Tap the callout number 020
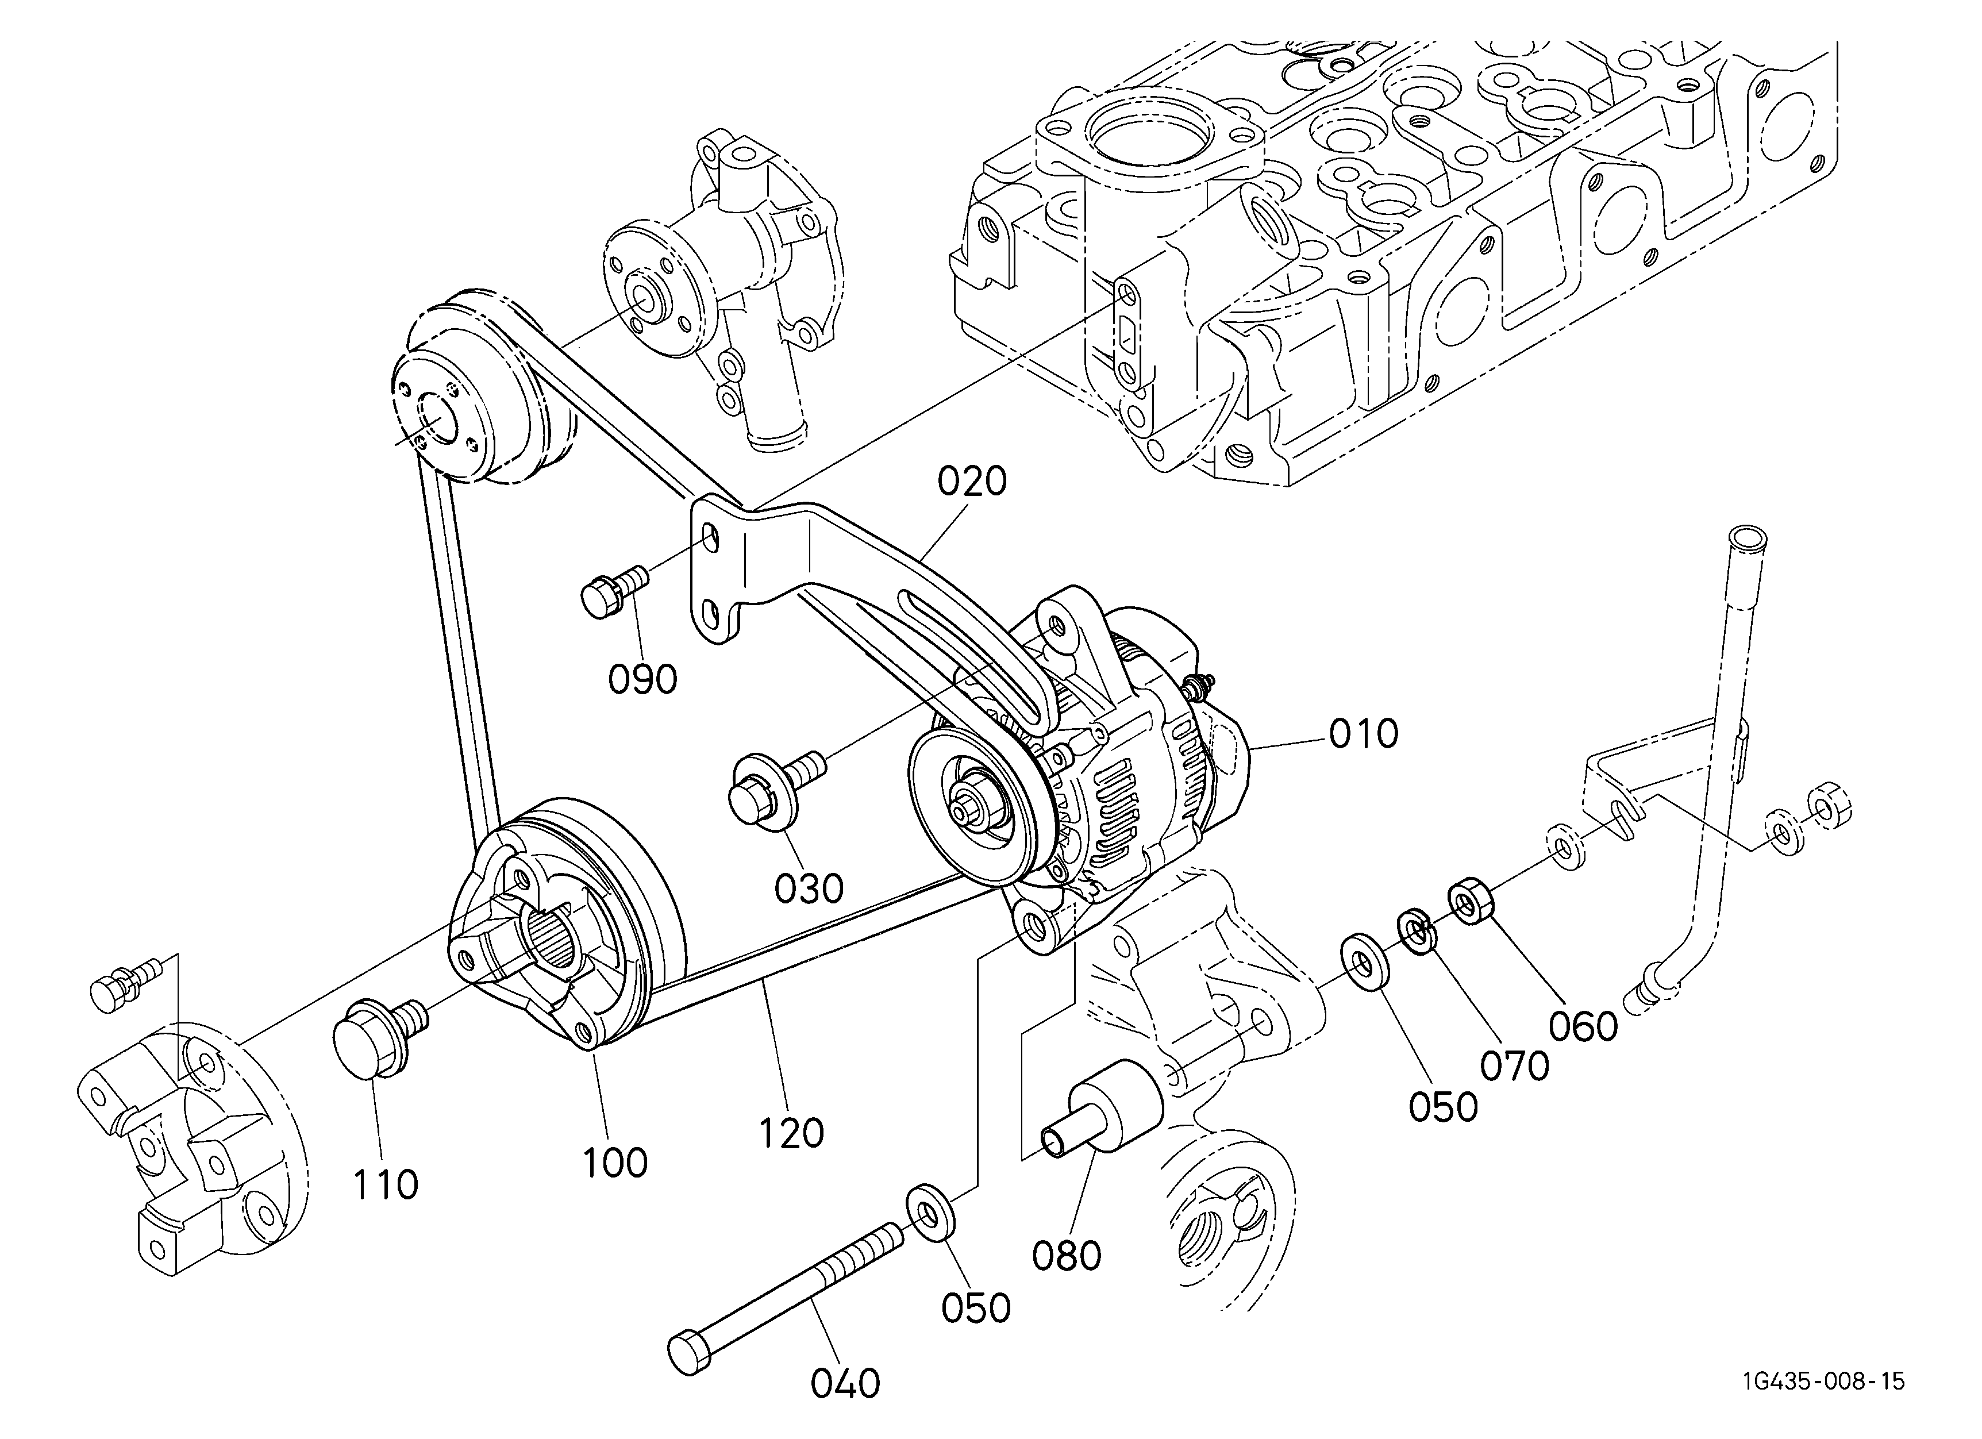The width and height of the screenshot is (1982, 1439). (973, 482)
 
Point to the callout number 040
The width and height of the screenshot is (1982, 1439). (845, 1384)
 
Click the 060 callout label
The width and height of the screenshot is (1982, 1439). (1584, 1026)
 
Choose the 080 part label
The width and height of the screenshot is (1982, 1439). (1066, 1256)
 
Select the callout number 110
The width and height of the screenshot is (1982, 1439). (386, 1186)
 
